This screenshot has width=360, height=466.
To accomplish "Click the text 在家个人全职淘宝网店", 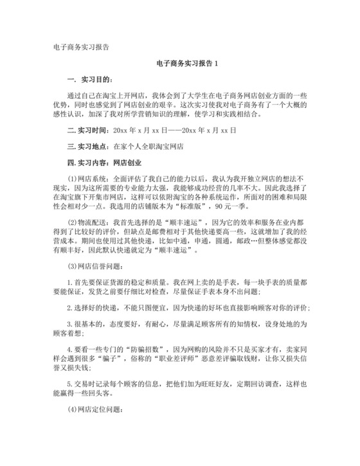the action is [148, 146].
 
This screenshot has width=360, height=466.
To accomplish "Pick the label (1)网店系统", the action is [89, 179].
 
